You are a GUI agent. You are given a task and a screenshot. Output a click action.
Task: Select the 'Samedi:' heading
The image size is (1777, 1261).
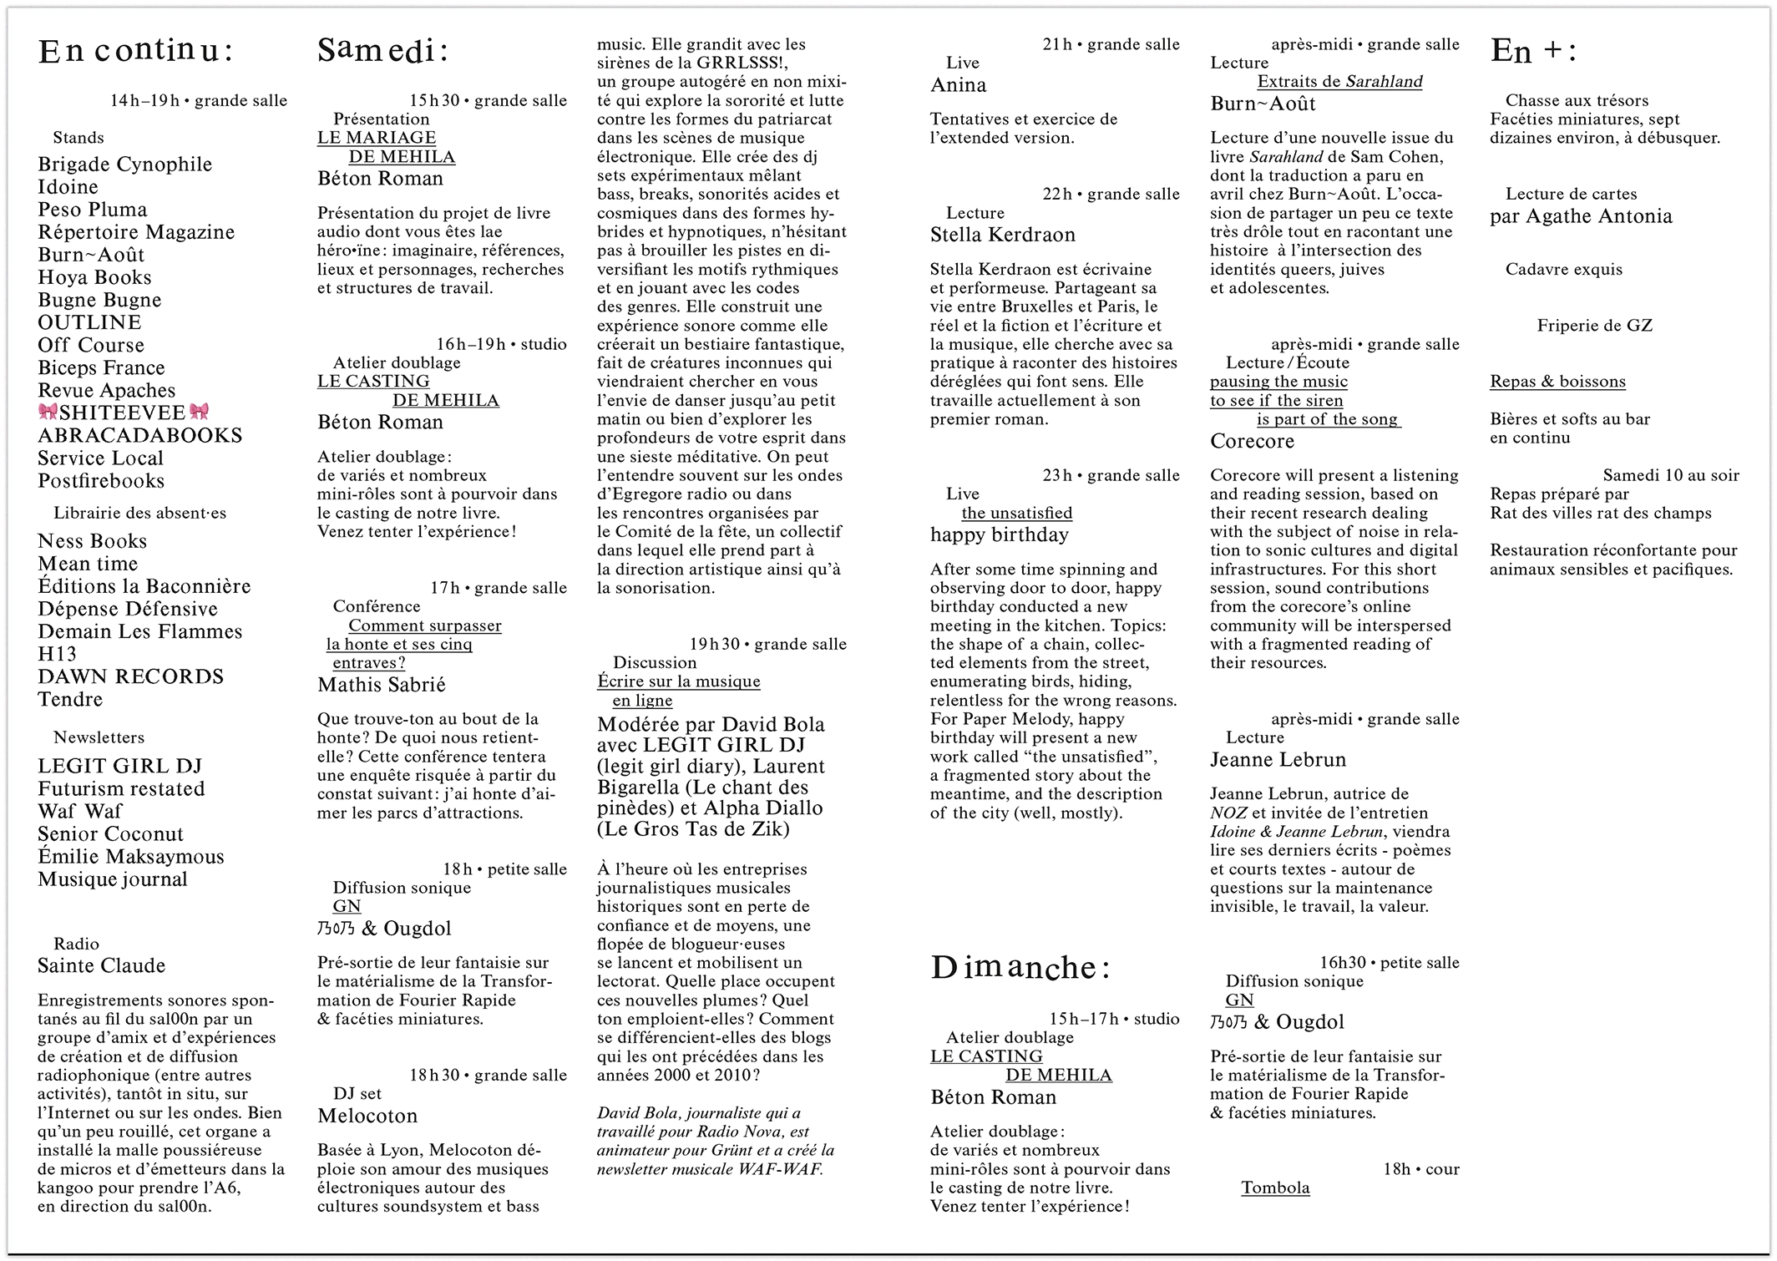tap(382, 52)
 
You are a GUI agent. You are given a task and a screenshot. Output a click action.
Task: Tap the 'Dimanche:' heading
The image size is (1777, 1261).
tap(1020, 968)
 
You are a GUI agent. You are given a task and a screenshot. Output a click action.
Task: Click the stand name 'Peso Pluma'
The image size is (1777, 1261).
tap(92, 210)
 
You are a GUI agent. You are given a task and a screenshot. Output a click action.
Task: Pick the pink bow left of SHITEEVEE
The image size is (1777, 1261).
tap(48, 412)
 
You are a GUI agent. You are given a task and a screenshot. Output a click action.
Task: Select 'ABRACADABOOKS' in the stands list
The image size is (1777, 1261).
tap(139, 435)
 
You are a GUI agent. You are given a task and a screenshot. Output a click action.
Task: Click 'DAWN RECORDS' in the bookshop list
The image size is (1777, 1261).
tap(130, 676)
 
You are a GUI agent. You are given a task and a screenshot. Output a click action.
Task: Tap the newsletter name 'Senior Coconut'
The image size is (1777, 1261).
tap(110, 834)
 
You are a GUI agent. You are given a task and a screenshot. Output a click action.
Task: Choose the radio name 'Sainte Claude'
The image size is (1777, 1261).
tap(101, 966)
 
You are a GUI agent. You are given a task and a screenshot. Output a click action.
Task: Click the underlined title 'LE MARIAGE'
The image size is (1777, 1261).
tap(376, 138)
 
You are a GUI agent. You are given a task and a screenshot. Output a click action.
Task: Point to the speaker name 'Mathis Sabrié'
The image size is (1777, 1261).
tap(381, 685)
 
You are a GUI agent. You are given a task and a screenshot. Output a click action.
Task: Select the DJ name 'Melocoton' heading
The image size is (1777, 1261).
tap(367, 1116)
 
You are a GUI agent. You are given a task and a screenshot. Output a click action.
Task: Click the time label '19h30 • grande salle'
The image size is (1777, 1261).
tap(767, 644)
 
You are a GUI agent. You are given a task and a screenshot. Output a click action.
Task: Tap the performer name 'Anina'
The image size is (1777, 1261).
tap(958, 85)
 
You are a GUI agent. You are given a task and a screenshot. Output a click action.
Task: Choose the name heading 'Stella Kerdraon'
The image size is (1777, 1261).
tap(1002, 235)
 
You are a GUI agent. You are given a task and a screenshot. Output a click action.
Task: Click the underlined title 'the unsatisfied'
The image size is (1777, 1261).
tap(1016, 513)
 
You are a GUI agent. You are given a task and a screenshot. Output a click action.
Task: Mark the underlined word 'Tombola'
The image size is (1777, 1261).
tap(1274, 1188)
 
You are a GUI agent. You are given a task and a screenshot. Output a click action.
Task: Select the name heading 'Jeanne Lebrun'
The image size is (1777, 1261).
tap(1278, 760)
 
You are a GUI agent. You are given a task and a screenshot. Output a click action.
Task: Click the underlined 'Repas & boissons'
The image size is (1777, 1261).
tap(1557, 382)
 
